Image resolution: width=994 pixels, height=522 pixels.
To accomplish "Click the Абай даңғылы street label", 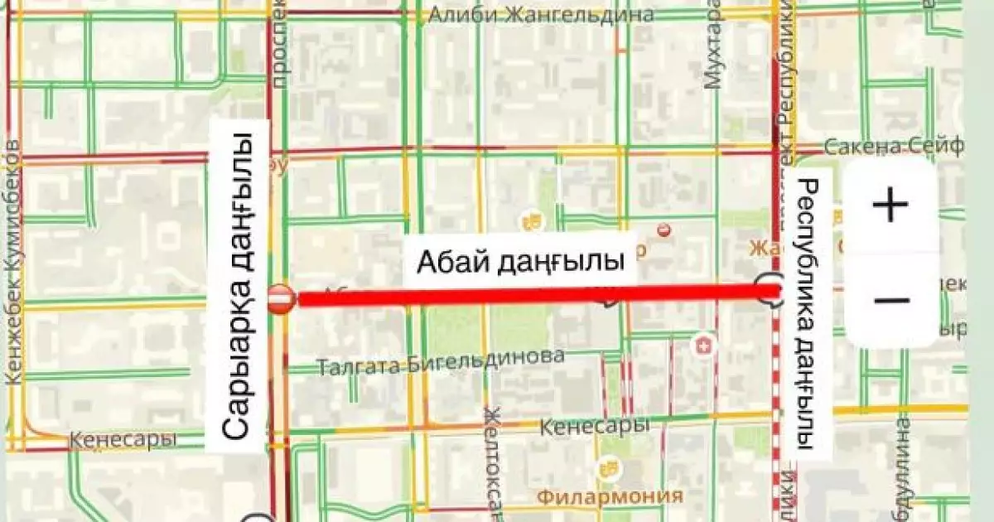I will click(519, 263).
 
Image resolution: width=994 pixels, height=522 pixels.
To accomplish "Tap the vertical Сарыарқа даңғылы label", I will click(239, 286).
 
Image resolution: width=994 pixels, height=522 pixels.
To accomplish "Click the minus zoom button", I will click(890, 300).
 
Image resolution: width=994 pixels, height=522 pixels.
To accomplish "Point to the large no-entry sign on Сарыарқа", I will click(280, 298).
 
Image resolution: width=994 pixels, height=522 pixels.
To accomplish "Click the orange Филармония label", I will click(610, 496).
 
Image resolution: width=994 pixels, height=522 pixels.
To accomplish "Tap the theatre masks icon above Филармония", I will click(610, 470).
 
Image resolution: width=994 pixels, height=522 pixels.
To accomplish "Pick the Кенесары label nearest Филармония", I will click(593, 428).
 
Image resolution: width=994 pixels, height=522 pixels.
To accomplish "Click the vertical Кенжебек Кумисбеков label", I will click(13, 261).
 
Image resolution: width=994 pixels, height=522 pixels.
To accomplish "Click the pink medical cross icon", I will click(704, 344).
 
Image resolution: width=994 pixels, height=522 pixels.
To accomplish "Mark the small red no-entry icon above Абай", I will click(663, 230).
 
